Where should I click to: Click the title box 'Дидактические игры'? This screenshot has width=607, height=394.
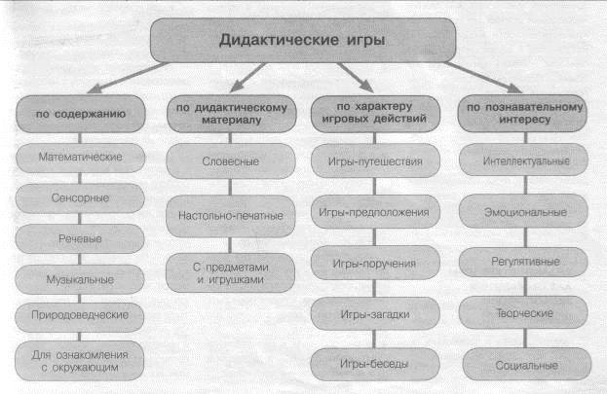tap(303, 40)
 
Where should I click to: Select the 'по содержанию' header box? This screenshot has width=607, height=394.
tap(81, 114)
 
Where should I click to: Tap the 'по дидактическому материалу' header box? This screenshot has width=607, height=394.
tap(232, 114)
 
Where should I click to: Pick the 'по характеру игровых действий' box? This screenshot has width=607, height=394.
tap(375, 114)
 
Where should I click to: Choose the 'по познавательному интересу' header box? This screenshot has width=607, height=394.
tap(522, 113)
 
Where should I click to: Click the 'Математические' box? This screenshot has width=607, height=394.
tap(81, 158)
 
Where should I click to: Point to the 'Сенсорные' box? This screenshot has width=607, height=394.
tap(80, 198)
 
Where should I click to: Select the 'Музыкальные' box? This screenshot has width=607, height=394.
tap(80, 279)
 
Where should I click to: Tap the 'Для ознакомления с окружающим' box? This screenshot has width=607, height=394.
tap(79, 361)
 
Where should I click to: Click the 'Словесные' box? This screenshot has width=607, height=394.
tap(231, 161)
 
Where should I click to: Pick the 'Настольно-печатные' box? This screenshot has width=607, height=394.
tap(230, 216)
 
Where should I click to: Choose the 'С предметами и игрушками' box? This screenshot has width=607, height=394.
tap(230, 273)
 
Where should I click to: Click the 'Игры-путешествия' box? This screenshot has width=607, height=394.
tap(375, 161)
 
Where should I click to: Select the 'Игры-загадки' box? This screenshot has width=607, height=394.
tap(375, 313)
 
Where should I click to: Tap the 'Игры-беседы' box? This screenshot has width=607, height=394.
tap(375, 364)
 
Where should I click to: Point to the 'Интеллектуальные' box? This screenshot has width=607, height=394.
tap(524, 161)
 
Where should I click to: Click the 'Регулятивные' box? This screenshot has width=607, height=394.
tap(523, 262)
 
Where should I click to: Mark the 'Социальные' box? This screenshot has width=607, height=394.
tap(527, 364)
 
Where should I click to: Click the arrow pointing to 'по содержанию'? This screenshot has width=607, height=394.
tap(128, 78)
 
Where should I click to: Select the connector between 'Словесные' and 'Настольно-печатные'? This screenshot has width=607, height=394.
tap(230, 187)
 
